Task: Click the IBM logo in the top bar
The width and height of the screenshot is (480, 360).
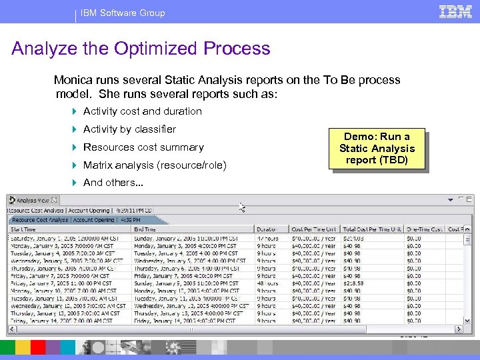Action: pyautogui.click(x=456, y=11)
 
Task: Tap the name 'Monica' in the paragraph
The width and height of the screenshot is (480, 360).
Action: pyautogui.click(x=73, y=80)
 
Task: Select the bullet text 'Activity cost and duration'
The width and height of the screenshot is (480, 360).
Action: pyautogui.click(x=142, y=111)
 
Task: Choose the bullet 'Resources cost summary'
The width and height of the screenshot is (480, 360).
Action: pyautogui.click(x=143, y=147)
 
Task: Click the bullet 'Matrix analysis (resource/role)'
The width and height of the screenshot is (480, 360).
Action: pyautogui.click(x=155, y=165)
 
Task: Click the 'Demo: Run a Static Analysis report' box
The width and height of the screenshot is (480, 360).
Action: pyautogui.click(x=377, y=148)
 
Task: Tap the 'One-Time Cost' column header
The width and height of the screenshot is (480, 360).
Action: pyautogui.click(x=424, y=229)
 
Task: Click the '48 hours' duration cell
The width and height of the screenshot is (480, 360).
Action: pyautogui.click(x=267, y=283)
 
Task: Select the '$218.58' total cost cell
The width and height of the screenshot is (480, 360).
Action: pyautogui.click(x=355, y=283)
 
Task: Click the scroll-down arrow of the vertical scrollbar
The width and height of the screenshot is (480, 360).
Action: pyautogui.click(x=468, y=320)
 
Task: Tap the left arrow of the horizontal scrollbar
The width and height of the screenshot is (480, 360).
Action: pyautogui.click(x=11, y=329)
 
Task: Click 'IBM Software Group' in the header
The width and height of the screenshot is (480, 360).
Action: pyautogui.click(x=123, y=13)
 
